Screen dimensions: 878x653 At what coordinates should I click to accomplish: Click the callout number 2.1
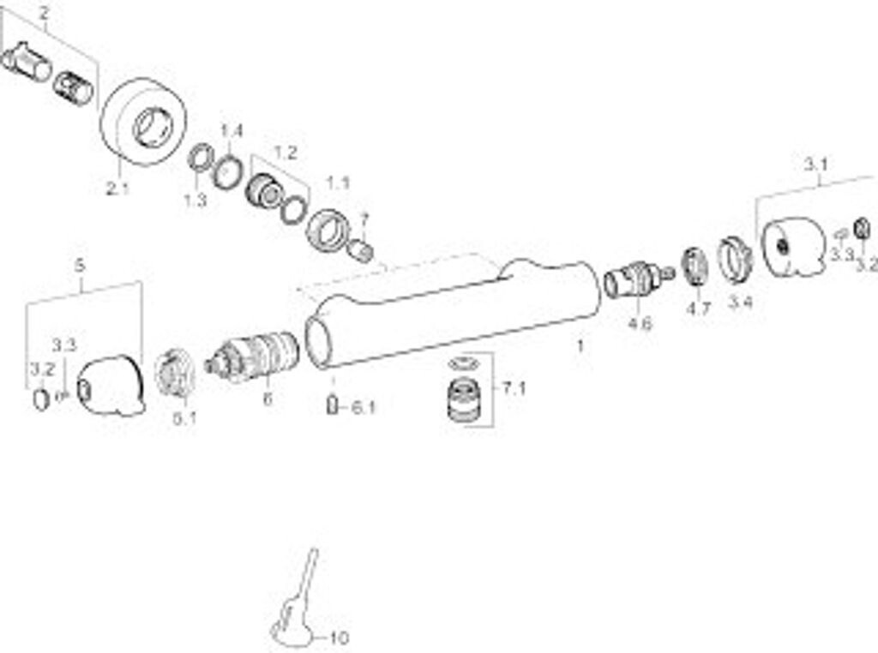click(x=117, y=189)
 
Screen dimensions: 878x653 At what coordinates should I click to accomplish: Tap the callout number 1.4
click(x=232, y=131)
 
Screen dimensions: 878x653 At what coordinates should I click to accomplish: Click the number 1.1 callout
click(x=338, y=183)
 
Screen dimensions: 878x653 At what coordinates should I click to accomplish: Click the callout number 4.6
click(x=640, y=323)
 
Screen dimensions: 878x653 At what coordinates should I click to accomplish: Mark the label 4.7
click(x=699, y=309)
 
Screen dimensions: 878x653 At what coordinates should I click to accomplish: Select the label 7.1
click(x=514, y=388)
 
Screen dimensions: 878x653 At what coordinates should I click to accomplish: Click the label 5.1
click(x=184, y=419)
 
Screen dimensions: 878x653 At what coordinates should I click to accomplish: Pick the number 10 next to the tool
click(x=339, y=638)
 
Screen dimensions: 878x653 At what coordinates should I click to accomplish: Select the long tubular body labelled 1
click(x=454, y=313)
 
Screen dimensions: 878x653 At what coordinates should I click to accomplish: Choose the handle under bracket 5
click(x=111, y=386)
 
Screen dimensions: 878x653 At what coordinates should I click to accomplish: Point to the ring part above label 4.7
click(x=694, y=265)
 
